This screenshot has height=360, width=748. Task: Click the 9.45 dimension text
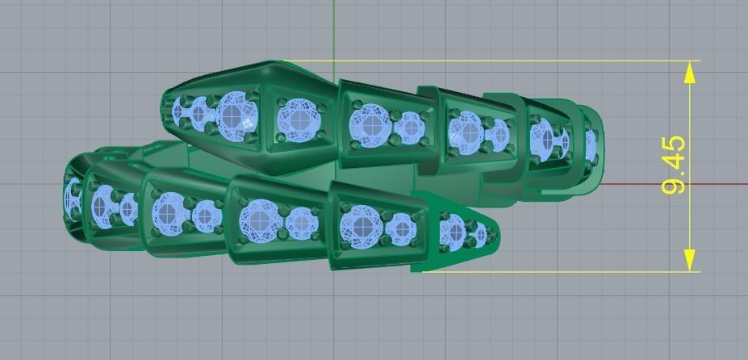[x=674, y=165]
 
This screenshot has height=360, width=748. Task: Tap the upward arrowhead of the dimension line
[x=690, y=73]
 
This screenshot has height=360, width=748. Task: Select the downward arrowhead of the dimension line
[x=690, y=260]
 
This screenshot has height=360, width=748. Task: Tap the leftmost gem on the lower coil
[x=73, y=196]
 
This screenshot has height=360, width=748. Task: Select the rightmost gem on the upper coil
[x=590, y=143]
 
